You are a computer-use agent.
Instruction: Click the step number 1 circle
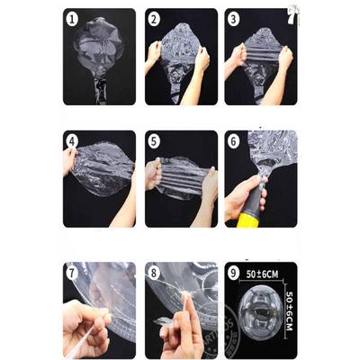point(72,20)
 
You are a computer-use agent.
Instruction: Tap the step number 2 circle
point(154,20)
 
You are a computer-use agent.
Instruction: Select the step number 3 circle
point(233,20)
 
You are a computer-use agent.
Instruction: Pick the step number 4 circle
point(72,141)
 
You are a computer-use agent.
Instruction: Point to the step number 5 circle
point(154,141)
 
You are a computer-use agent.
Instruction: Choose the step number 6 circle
point(233,141)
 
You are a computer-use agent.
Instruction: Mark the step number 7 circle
point(72,274)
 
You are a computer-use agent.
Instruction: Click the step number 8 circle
point(154,274)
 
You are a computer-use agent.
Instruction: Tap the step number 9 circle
point(233,274)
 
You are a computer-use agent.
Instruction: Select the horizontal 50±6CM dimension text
point(262,274)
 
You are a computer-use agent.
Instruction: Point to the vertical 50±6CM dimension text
point(289,310)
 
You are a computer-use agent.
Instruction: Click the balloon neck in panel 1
point(101,90)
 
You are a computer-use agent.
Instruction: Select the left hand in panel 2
point(153,56)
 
